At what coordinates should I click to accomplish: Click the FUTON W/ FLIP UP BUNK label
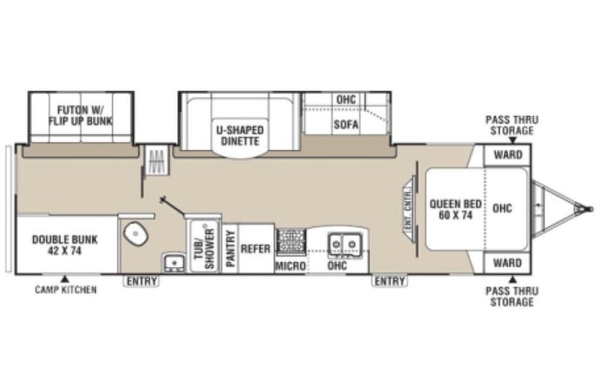(x=80, y=115)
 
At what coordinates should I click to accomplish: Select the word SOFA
(x=345, y=126)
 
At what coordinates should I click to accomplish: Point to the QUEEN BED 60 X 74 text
(x=454, y=209)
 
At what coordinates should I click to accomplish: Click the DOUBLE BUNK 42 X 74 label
(x=65, y=246)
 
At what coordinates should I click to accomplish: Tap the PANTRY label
(x=231, y=247)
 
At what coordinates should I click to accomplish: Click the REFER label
(x=255, y=249)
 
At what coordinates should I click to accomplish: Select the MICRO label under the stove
(x=291, y=267)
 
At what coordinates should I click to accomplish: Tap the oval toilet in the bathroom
(x=135, y=235)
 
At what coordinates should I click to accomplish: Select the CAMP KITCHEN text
(x=65, y=290)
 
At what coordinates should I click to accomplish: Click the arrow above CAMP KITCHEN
(x=65, y=278)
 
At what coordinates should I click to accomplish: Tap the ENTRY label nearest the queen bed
(x=390, y=282)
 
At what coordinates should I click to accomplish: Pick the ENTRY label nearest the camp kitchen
(x=140, y=282)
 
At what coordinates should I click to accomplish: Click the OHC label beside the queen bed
(x=502, y=208)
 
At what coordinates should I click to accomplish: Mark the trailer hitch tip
(x=588, y=209)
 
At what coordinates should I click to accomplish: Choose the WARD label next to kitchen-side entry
(x=507, y=264)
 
